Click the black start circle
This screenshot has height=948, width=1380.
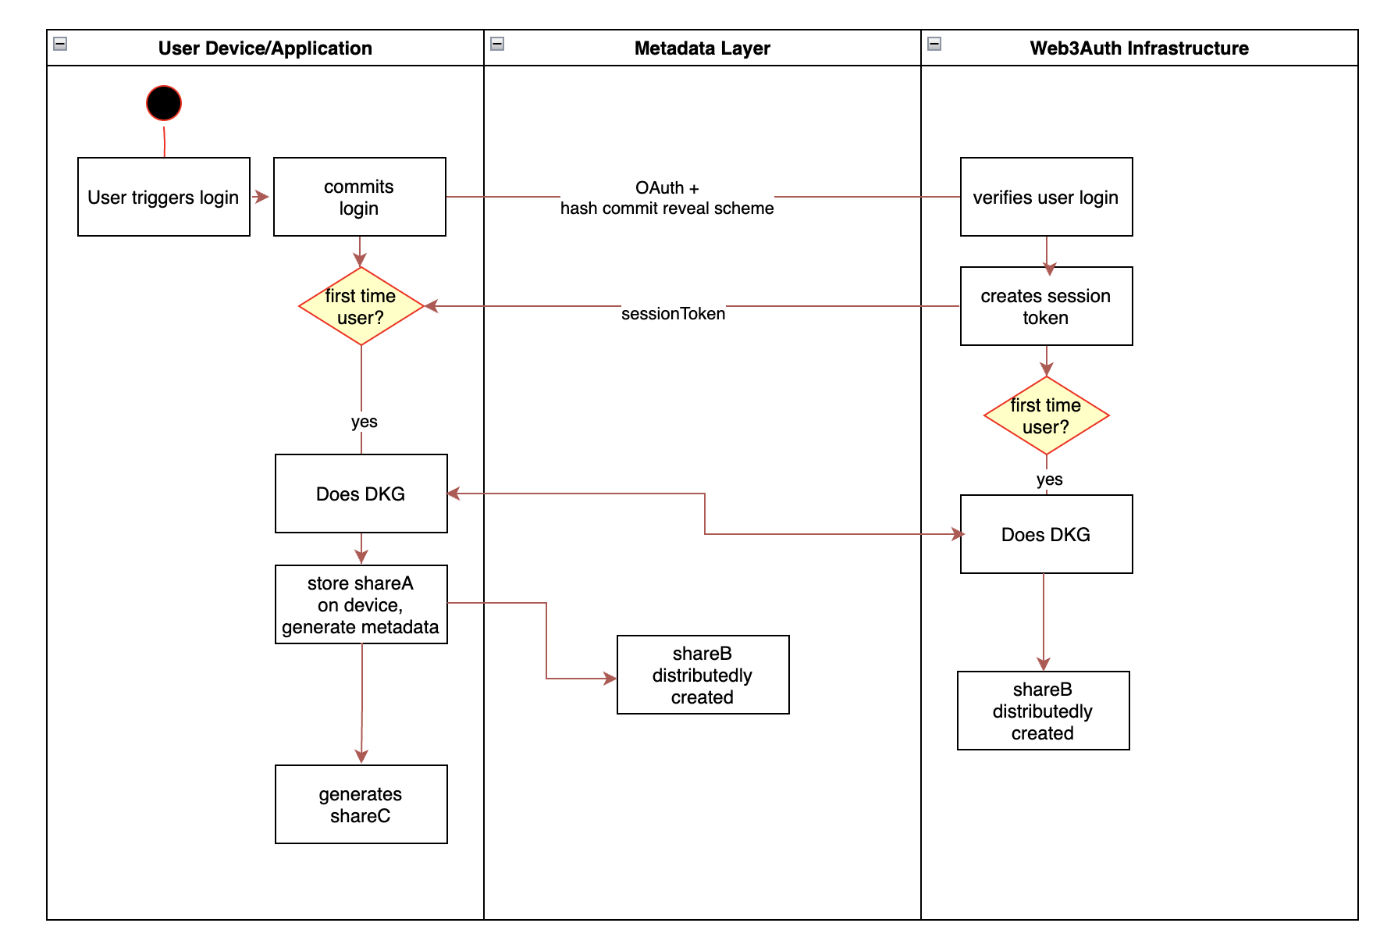[x=164, y=103]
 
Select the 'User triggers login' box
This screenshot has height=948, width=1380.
[x=164, y=197]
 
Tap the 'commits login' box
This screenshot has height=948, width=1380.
[x=359, y=197]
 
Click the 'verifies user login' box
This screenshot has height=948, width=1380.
[x=1046, y=197]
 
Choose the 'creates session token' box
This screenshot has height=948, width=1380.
[x=1046, y=306]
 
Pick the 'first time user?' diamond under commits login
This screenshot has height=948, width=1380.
[x=361, y=306]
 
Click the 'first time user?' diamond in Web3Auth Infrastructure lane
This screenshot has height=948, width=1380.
[x=1046, y=415]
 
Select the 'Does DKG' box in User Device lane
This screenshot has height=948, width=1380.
[x=361, y=494]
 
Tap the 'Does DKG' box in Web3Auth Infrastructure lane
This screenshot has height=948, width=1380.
[x=1046, y=534]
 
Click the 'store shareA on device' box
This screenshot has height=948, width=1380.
[x=361, y=604]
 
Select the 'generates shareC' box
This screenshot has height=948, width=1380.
[x=361, y=804]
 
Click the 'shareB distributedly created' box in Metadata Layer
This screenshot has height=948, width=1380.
[x=702, y=675]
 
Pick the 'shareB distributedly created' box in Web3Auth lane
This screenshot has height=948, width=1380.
[x=1043, y=711]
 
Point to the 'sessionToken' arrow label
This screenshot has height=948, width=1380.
[x=673, y=313]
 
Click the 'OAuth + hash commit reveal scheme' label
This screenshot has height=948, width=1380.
[x=667, y=198]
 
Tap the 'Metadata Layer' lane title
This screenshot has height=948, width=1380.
[x=702, y=48]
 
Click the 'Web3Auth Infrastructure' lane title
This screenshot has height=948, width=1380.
[x=1139, y=48]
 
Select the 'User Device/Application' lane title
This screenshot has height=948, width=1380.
[x=265, y=48]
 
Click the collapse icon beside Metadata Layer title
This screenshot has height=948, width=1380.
[x=497, y=44]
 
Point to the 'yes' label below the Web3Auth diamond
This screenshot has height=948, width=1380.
[x=1049, y=479]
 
